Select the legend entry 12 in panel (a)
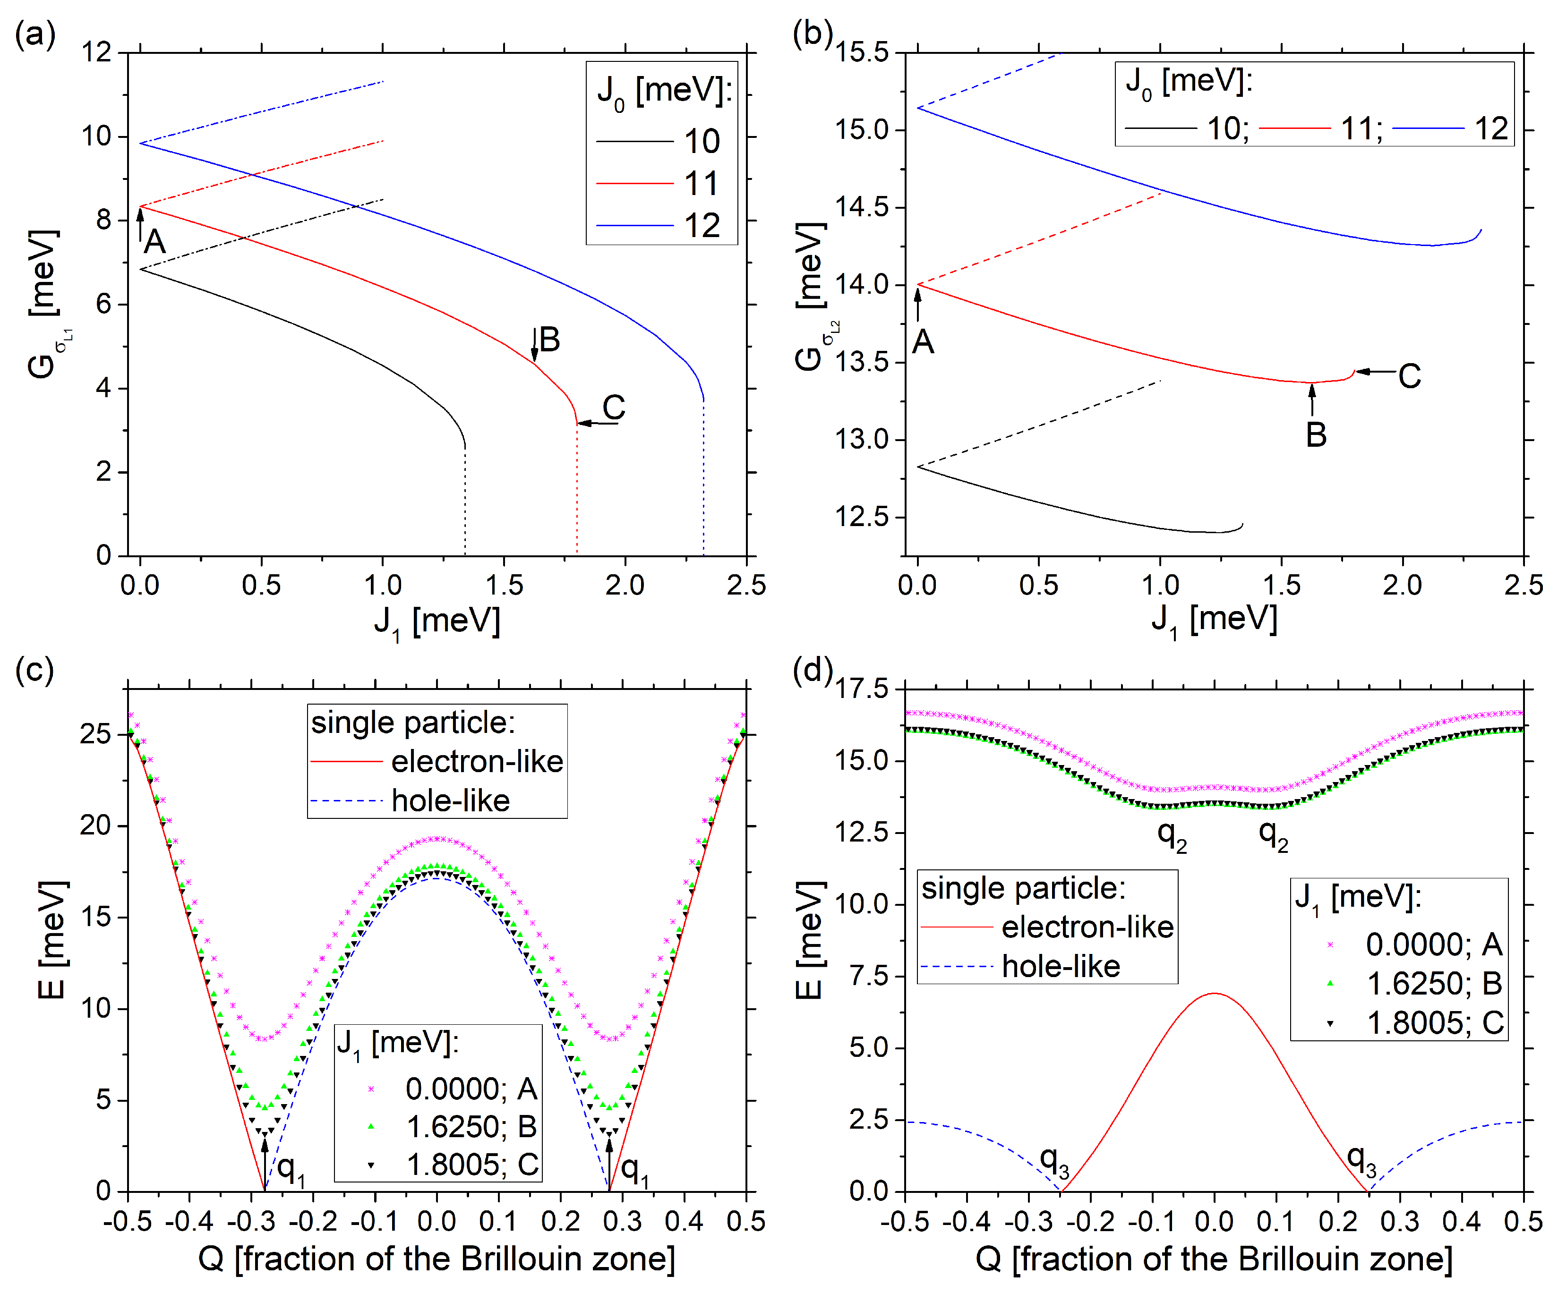click(x=701, y=226)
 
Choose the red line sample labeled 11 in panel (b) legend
click(x=1294, y=128)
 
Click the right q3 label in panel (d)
click(x=1362, y=1160)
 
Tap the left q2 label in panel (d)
click(x=1172, y=836)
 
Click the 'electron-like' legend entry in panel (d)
click(x=1087, y=927)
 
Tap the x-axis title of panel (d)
click(x=1214, y=1259)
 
